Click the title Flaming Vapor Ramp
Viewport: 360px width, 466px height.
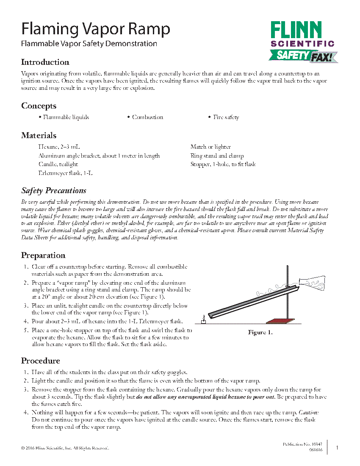point(96,29)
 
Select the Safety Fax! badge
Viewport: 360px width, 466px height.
point(303,55)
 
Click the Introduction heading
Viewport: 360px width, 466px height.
point(45,62)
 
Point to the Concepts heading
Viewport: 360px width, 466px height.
point(39,106)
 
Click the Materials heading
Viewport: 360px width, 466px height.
point(39,136)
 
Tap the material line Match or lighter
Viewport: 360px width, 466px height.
point(210,147)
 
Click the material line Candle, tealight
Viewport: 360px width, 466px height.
point(58,164)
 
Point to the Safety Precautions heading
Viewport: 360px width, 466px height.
point(54,191)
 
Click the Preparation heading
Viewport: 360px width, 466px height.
point(43,255)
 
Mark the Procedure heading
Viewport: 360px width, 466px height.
point(41,361)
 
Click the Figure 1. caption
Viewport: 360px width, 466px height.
point(260,333)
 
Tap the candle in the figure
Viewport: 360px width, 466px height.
point(203,319)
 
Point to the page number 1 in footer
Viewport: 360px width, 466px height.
point(337,448)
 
